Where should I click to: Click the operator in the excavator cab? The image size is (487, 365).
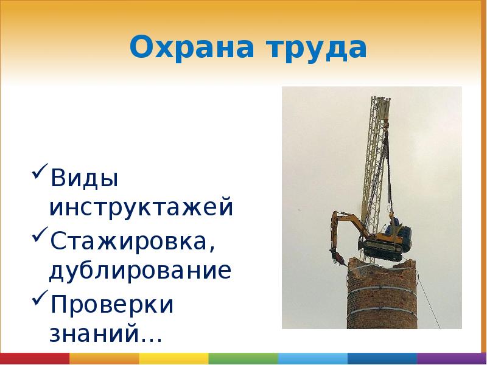tap(395, 223)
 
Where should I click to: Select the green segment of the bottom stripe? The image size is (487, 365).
tap(243, 358)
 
